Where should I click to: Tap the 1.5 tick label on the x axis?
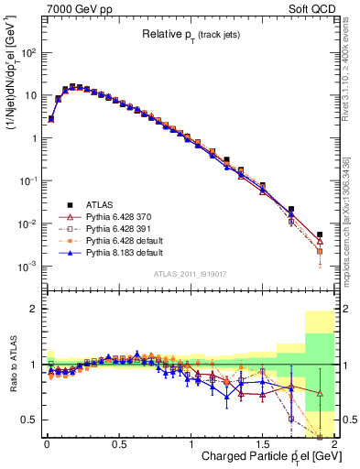coord(262,444)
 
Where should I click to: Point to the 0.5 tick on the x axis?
coord(118,444)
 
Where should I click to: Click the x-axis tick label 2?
coord(334,444)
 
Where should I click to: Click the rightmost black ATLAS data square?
coord(320,234)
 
